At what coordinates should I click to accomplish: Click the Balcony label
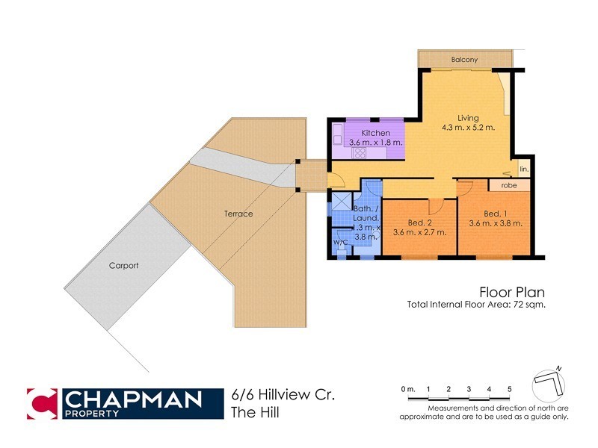click(464, 60)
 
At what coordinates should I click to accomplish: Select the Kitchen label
click(376, 133)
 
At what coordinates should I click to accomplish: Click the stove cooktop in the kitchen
click(359, 152)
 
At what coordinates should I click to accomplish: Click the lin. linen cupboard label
click(524, 169)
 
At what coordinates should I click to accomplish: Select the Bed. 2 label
click(419, 223)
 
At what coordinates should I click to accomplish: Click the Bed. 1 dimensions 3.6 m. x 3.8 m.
click(495, 223)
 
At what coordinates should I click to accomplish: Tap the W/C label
click(340, 242)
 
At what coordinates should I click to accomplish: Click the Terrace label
click(238, 214)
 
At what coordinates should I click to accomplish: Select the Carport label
click(124, 265)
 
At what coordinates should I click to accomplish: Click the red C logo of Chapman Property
click(42, 404)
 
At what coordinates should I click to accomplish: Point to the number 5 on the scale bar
click(509, 389)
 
